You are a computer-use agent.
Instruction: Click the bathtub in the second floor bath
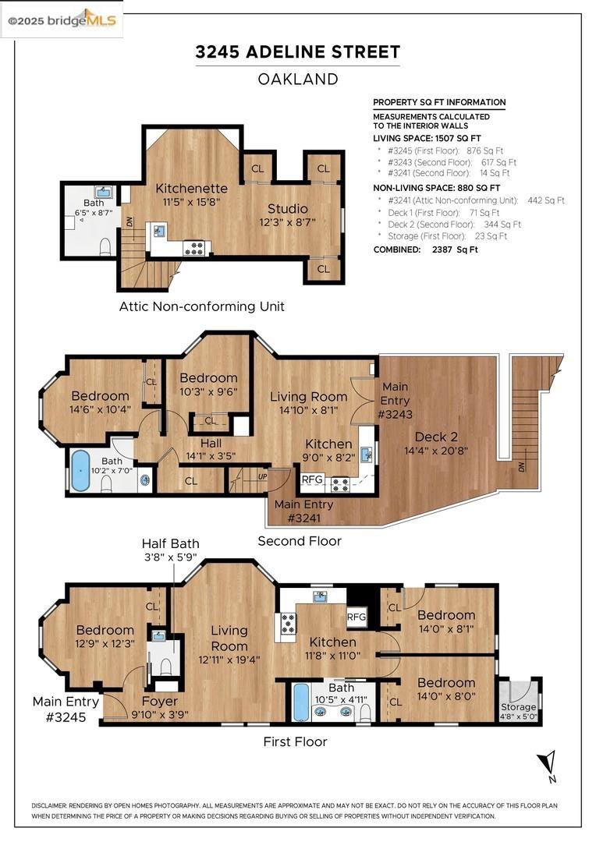point(80,470)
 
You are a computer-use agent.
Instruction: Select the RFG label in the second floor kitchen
point(312,479)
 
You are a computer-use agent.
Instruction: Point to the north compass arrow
point(547,762)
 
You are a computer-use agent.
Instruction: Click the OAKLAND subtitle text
point(298,80)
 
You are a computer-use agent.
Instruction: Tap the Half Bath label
point(170,543)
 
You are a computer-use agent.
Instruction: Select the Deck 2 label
point(436,437)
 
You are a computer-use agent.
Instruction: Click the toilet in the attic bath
point(105,246)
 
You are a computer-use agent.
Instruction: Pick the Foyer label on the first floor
point(160,702)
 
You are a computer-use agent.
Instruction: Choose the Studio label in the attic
point(288,208)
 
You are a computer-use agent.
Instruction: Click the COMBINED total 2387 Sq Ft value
point(455,249)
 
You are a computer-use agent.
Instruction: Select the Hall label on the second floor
point(211,444)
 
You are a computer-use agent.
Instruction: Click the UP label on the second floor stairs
point(262,476)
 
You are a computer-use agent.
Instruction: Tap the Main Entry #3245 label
point(66,709)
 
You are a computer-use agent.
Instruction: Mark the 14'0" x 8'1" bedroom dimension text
point(446,629)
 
